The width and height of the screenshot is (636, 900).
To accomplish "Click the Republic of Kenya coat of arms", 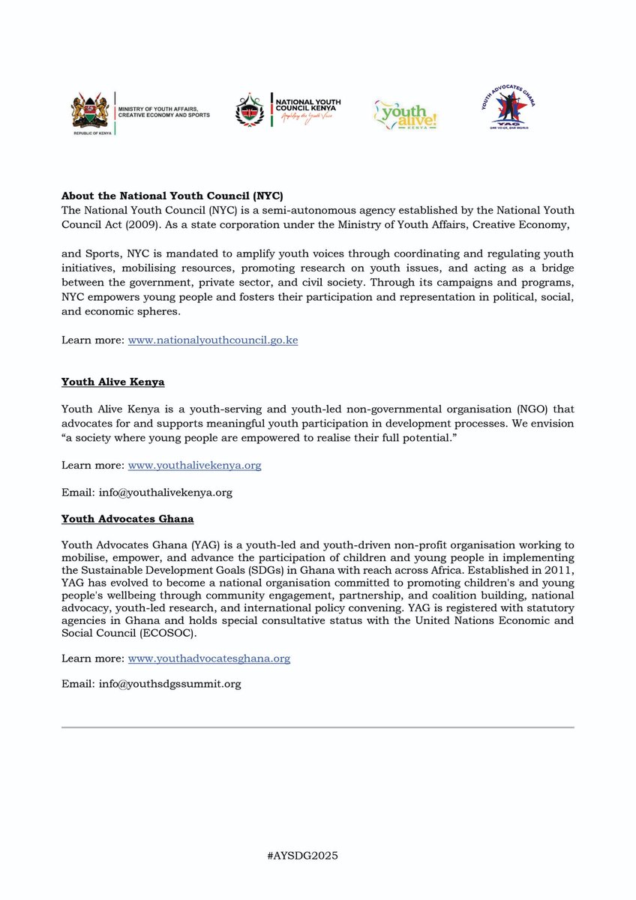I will click(90, 112).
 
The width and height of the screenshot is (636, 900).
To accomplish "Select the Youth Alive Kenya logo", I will click(405, 114).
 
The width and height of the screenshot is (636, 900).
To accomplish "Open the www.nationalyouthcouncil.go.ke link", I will click(213, 340).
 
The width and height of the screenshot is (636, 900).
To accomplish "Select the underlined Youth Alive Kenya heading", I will click(112, 382).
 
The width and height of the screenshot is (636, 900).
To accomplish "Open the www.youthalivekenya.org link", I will click(194, 465).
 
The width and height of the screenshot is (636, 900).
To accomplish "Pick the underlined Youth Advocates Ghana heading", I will click(127, 517).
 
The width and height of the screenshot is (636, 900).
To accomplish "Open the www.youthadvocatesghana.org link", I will click(208, 658).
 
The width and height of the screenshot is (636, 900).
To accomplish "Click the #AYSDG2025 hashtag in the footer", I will click(318, 856).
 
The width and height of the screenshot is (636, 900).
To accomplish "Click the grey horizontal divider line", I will click(318, 727).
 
